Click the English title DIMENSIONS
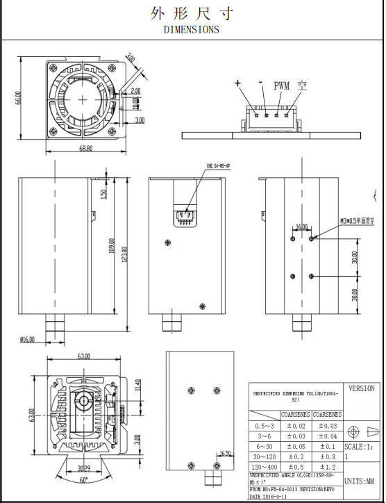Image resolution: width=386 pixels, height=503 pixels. (191, 29)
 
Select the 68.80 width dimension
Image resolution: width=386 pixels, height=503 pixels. (86, 149)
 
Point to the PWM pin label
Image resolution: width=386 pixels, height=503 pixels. (281, 86)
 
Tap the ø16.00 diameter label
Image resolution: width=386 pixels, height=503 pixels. (28, 339)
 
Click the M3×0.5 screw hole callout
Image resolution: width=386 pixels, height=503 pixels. (358, 220)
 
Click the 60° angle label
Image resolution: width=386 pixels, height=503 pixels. (85, 480)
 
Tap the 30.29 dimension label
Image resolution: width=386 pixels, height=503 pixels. (84, 468)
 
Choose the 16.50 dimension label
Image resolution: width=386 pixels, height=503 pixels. (224, 454)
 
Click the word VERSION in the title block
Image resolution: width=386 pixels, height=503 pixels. (361, 388)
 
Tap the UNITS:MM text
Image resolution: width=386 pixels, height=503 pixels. (361, 481)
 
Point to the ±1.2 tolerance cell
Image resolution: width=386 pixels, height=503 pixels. (326, 468)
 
